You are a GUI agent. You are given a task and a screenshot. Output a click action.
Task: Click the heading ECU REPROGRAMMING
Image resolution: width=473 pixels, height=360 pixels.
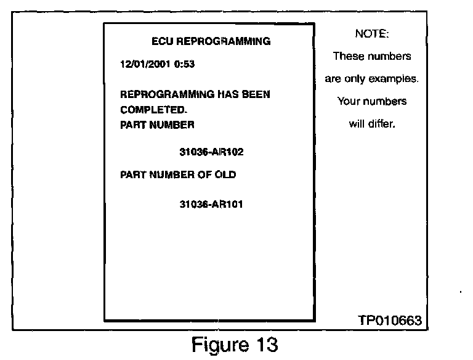[211, 42]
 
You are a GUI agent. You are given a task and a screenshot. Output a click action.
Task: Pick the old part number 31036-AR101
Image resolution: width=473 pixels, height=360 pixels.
[211, 205]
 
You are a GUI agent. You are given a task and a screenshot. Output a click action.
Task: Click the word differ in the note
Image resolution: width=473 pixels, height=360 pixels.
[382, 123]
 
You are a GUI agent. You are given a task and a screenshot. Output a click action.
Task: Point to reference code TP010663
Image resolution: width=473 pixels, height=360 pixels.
[389, 321]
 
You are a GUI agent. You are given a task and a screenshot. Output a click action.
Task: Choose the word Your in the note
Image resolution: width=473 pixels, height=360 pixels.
[349, 101]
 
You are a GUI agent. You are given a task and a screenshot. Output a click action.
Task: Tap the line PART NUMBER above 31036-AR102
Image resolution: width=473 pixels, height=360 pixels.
[157, 125]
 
